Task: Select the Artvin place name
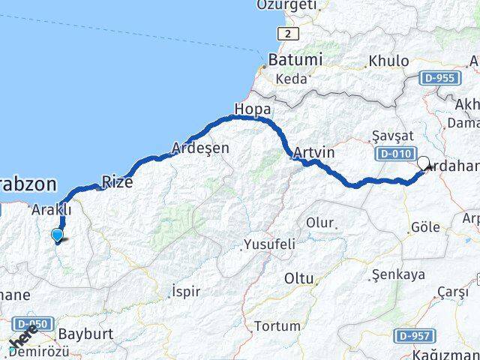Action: point(313,152)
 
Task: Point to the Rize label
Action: point(117,181)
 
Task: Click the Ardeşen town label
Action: point(200,148)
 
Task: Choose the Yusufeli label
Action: point(269,244)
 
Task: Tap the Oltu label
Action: point(298,278)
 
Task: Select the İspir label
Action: point(185,291)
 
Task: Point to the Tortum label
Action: point(277,326)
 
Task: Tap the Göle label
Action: point(425,226)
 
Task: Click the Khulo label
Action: point(388,61)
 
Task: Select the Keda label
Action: point(291,78)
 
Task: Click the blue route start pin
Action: point(57,235)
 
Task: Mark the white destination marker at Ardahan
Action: point(423,163)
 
